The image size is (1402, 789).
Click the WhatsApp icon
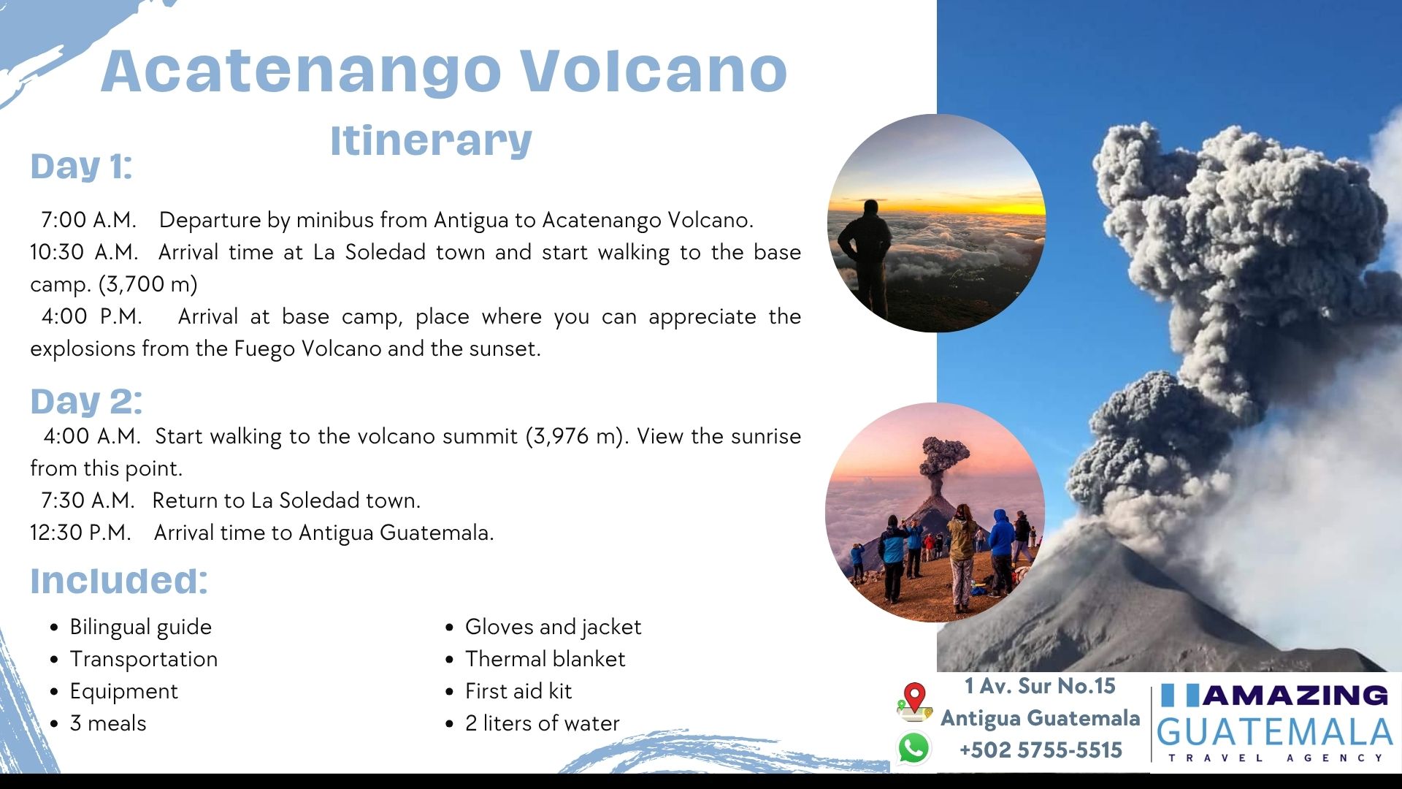tap(913, 748)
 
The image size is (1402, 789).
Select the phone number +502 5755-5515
tap(1041, 750)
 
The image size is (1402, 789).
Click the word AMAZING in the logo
tap(1295, 695)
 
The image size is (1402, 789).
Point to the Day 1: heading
tap(81, 167)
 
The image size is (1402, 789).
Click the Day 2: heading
tap(86, 402)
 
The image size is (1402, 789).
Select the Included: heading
tap(119, 581)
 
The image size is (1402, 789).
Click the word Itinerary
tap(431, 140)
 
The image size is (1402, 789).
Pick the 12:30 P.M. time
tap(80, 533)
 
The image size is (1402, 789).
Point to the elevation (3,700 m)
tap(148, 284)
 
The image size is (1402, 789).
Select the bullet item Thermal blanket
tap(545, 659)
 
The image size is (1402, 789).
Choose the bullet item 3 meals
tap(108, 723)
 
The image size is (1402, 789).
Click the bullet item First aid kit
tap(518, 691)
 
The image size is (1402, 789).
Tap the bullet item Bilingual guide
tap(141, 628)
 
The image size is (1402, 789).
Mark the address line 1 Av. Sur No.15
tap(1040, 686)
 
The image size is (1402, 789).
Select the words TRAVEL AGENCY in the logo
tap(1276, 758)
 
